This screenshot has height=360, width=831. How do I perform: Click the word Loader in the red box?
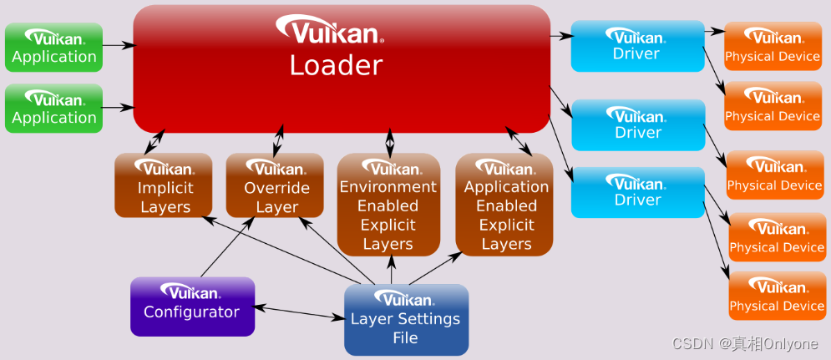(x=336, y=65)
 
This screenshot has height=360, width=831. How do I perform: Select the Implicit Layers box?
(x=164, y=185)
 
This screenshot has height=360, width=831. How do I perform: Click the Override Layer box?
(x=276, y=185)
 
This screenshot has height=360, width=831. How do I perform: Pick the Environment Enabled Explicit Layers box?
(x=388, y=205)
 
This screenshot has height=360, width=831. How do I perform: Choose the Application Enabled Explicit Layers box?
(x=505, y=205)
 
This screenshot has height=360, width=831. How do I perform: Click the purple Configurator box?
(x=192, y=306)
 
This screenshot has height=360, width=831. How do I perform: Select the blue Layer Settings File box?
(x=406, y=319)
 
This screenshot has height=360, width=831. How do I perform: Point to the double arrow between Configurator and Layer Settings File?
(x=299, y=312)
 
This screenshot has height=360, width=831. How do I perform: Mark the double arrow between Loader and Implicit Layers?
(x=154, y=142)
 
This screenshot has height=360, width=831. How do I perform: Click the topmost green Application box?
(x=54, y=47)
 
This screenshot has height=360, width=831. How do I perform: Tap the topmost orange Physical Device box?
(x=773, y=47)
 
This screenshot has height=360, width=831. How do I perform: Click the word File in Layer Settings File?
(x=405, y=338)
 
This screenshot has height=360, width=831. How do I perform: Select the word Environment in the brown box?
(x=388, y=186)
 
